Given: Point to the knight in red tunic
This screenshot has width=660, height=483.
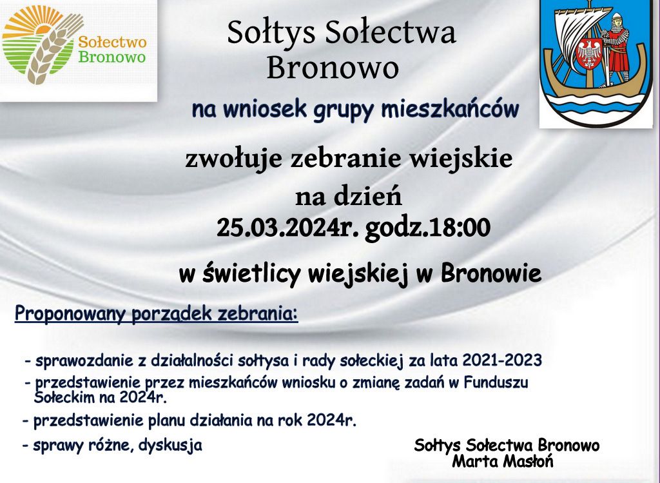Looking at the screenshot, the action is click(x=616, y=49).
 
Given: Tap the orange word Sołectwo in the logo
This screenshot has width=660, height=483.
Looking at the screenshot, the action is click(x=112, y=42).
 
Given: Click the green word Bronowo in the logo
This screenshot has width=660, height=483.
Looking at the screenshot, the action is click(x=112, y=57).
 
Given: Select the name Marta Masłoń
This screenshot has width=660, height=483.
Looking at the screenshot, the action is click(x=503, y=462).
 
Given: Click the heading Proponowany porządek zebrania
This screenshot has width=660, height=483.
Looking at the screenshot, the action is click(x=156, y=314).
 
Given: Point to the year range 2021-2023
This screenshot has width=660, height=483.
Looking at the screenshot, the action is click(x=501, y=360).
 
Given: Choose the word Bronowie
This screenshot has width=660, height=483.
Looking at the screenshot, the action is click(x=490, y=273).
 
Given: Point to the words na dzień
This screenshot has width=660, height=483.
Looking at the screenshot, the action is click(x=349, y=196).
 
